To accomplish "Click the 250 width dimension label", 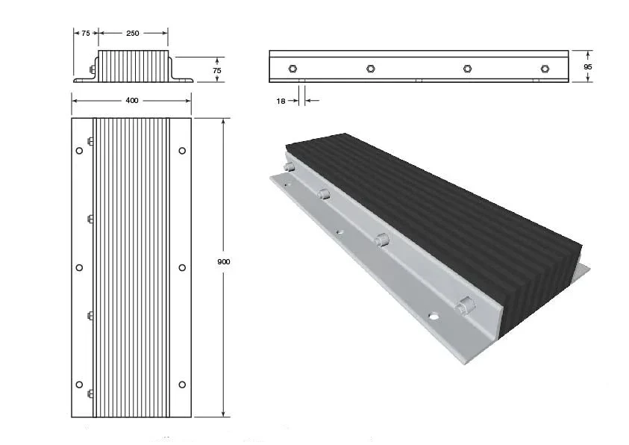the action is tap(132, 34).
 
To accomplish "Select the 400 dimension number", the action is tap(132, 100).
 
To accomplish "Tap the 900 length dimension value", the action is tap(223, 261).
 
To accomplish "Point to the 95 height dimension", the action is tap(588, 66).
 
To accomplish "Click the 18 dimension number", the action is tap(281, 101).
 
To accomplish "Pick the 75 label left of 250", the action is tap(86, 34).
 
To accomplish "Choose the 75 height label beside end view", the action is tap(216, 70).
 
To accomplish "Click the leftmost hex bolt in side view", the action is tap(292, 69).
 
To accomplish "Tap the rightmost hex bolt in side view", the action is tap(545, 69).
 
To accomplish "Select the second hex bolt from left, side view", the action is tap(371, 69).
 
